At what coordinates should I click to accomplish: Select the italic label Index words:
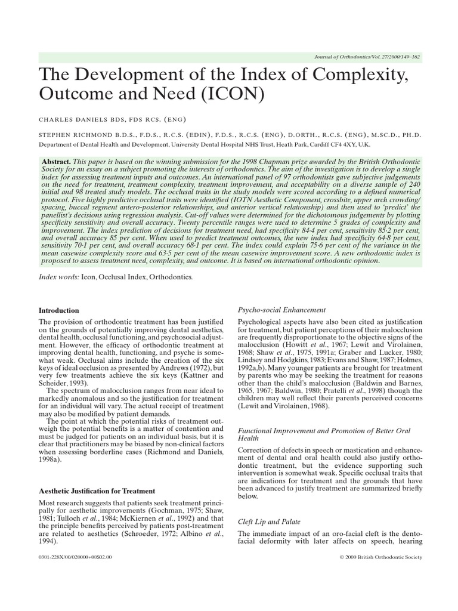(59, 278)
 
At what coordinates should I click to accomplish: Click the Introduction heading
(58, 311)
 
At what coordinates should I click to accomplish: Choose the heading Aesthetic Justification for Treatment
(97, 491)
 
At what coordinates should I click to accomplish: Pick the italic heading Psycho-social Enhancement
(281, 310)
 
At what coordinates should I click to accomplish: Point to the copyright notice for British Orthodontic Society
(380, 557)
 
